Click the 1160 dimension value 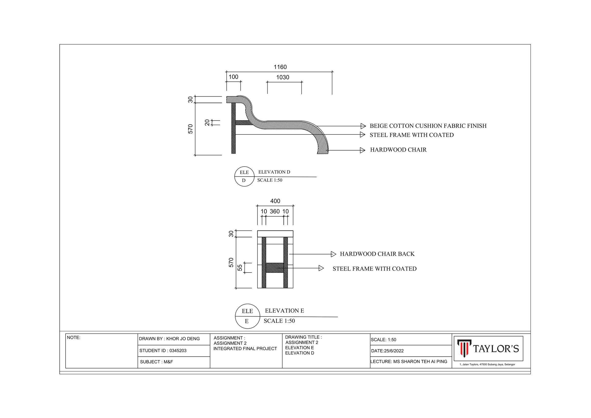280,67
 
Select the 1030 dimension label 283,78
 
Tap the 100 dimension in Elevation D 233,77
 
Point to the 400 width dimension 275,201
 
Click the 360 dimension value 275,212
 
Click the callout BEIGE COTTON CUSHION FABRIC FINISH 428,126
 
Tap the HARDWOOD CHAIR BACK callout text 377,254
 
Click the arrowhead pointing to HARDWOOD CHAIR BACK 334,254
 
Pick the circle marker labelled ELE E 247,316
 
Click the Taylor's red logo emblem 464,348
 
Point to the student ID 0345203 178,351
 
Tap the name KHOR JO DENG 183,339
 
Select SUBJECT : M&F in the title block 156,362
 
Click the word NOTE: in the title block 74,338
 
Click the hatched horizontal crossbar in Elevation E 275,268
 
